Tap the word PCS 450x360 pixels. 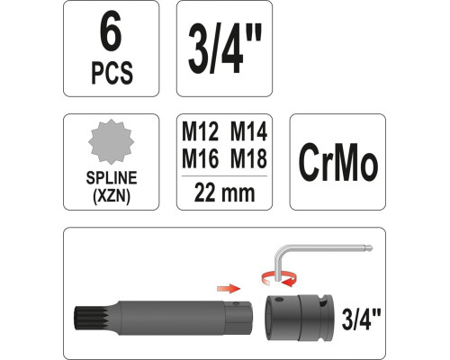pyautogui.click(x=110, y=75)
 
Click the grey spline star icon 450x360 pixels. pyautogui.click(x=110, y=142)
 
